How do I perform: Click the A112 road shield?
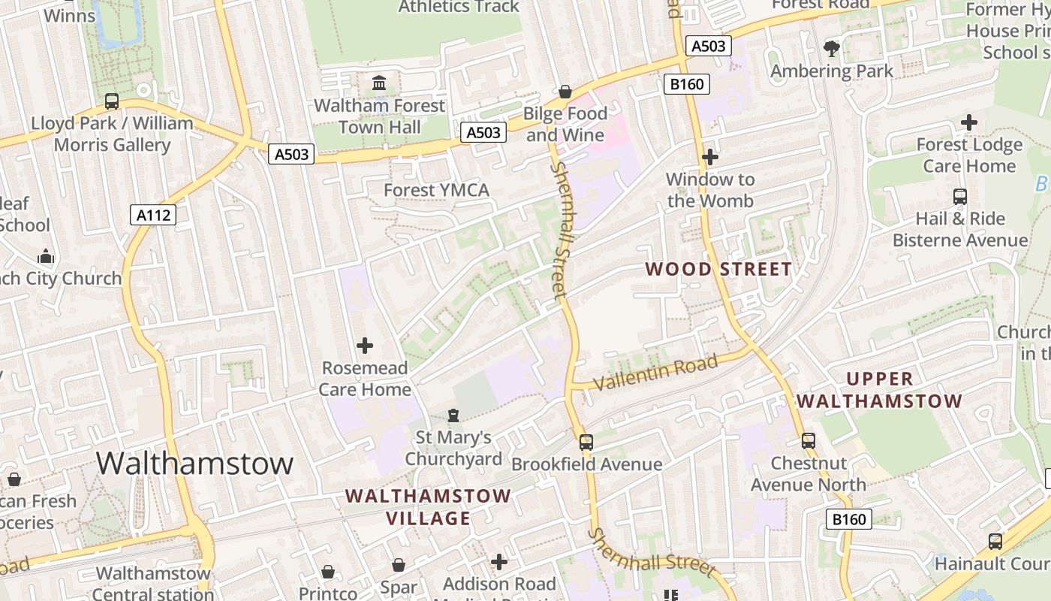coord(153,215)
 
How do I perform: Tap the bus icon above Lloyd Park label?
coord(112,101)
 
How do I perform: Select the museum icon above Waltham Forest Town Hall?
coord(379,83)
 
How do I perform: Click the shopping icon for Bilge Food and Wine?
coord(565,92)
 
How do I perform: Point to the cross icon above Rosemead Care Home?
coord(365,346)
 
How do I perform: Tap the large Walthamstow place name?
coord(194,463)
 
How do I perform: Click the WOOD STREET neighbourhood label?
coord(718,269)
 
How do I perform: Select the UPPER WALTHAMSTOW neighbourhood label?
coord(879,390)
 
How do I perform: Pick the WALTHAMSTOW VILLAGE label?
coord(428,507)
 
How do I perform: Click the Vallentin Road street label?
coord(655,373)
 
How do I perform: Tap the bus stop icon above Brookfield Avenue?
coord(586,442)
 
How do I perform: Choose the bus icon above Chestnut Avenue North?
coord(809,441)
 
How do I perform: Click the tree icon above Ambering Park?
coord(831,49)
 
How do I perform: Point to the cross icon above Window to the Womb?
coord(710,157)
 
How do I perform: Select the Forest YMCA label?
coord(436,190)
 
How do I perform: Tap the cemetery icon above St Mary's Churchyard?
coord(453,415)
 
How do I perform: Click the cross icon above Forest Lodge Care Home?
coord(969,122)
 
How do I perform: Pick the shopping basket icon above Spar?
coord(399,564)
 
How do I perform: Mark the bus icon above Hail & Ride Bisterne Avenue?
coord(959,197)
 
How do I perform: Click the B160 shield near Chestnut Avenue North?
coord(850,518)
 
